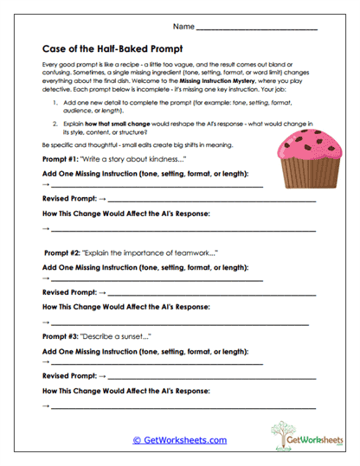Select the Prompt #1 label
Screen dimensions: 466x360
pos(61,161)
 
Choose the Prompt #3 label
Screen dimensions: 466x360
pos(61,335)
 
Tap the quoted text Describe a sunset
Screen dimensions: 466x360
pos(117,335)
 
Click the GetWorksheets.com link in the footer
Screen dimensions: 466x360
pos(179,440)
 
